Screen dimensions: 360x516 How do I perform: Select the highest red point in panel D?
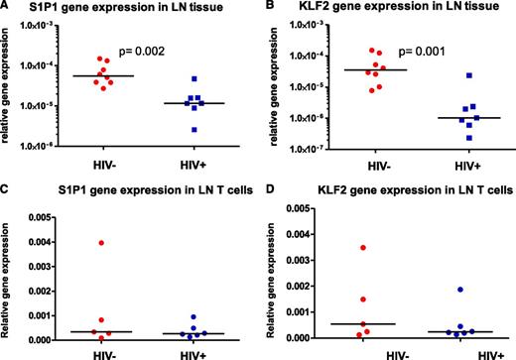pos(363,247)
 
